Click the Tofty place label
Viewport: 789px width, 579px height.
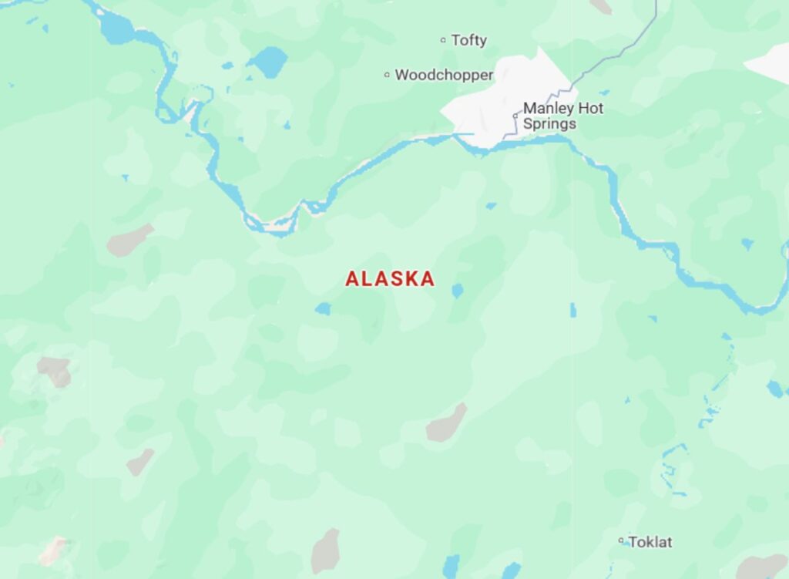[x=468, y=40]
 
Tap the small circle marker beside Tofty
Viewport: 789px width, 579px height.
[x=443, y=40]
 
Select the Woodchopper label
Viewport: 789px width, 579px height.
[x=444, y=75]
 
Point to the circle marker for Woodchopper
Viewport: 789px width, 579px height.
[x=387, y=75]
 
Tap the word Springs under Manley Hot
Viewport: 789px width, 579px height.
[x=549, y=123]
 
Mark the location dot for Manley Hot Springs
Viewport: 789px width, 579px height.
[x=515, y=116]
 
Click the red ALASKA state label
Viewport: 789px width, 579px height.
[x=390, y=279]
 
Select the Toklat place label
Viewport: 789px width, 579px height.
[x=650, y=542]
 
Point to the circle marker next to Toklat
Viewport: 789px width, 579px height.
[x=621, y=541]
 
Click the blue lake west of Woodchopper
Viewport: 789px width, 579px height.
[x=268, y=62]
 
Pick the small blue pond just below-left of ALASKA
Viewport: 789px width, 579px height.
[x=323, y=308]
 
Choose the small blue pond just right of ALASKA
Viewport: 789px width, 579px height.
[x=458, y=291]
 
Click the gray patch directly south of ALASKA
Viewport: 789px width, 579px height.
[x=447, y=423]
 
